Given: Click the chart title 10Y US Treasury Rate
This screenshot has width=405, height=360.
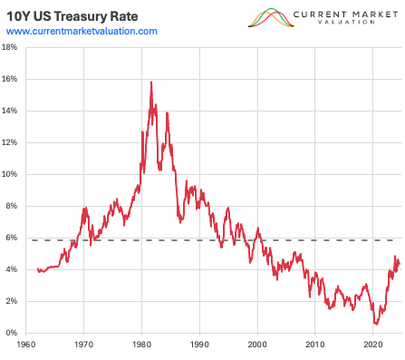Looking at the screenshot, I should click(70, 14).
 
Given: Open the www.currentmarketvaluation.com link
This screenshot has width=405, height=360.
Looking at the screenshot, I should click(82, 31).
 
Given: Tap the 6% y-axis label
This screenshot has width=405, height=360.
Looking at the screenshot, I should click(12, 238).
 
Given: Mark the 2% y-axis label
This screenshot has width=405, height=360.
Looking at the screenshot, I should click(12, 301).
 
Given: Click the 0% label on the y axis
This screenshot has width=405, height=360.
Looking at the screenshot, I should click(12, 333).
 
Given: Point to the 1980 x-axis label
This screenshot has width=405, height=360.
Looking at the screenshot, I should click(142, 345).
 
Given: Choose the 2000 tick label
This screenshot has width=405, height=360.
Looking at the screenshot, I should click(258, 345).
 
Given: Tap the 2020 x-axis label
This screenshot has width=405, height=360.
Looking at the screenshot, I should click(373, 345).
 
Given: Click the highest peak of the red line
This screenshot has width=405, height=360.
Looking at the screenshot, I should click(150, 83).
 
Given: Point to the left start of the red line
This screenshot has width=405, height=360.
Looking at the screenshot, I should click(37, 268).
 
